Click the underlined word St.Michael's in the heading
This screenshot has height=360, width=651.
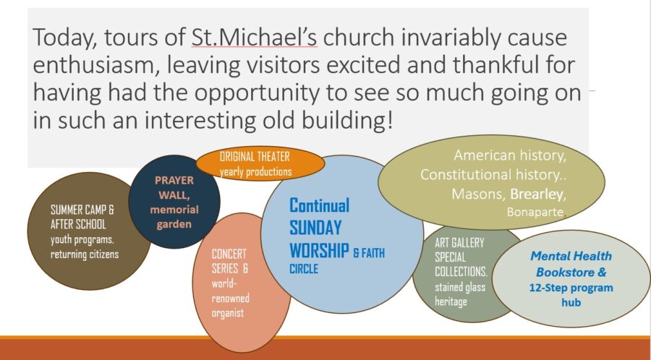(x=254, y=37)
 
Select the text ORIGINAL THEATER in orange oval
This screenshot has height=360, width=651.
(x=255, y=157)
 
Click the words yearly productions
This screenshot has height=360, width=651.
(x=255, y=171)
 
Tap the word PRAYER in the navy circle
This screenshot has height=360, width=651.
(x=174, y=181)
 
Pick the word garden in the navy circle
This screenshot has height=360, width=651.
(x=174, y=224)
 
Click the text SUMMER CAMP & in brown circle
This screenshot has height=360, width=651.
(x=82, y=210)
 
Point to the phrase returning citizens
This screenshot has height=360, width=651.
(x=85, y=254)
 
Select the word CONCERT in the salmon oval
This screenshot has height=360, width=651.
(x=229, y=254)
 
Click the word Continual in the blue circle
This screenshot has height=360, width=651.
(x=319, y=205)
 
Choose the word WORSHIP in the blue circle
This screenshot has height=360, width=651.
(x=319, y=251)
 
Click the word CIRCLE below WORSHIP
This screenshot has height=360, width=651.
(x=304, y=269)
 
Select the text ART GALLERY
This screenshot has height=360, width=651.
(x=459, y=243)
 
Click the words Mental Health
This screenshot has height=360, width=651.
(x=571, y=256)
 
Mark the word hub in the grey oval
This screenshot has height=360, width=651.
(x=571, y=302)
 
